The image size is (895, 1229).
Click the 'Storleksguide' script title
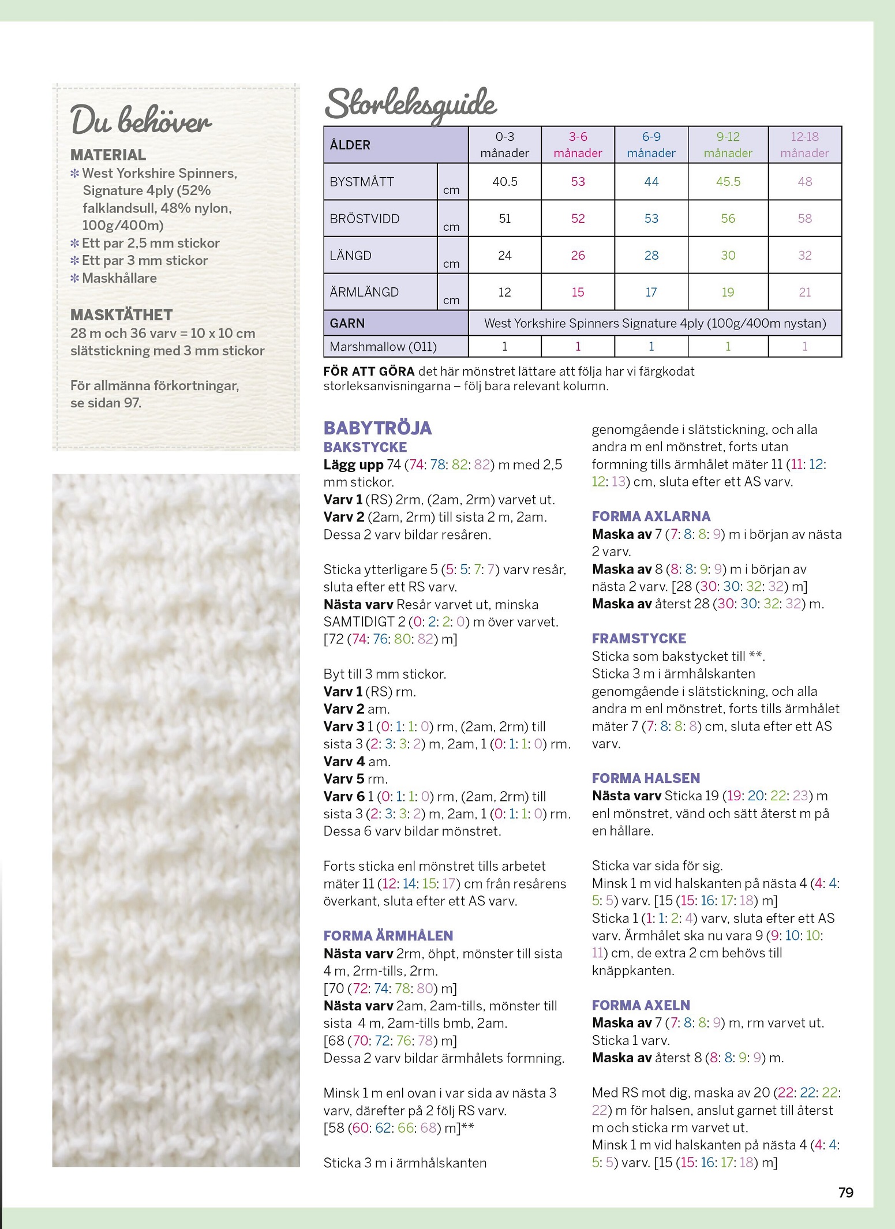410,104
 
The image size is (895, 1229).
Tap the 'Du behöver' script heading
141,121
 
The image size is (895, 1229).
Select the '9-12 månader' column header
728,145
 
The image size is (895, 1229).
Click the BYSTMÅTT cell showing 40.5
504,182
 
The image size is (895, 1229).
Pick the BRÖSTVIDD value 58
804,219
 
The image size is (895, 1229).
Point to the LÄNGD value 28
651,256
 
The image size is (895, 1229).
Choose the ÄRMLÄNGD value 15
578,293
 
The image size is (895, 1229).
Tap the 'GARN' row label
347,323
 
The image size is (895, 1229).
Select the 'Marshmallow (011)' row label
383,347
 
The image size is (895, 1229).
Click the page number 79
845,1193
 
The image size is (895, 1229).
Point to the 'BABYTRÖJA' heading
377,428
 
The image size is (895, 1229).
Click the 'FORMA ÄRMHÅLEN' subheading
388,936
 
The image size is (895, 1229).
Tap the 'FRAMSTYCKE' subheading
639,639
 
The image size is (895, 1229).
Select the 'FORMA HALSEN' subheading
646,778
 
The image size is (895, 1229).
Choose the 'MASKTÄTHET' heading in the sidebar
121,315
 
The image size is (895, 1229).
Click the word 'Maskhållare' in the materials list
119,278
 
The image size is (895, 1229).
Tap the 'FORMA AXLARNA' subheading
651,516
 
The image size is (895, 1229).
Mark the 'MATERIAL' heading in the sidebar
108,155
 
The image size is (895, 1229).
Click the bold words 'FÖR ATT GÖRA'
369,372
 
